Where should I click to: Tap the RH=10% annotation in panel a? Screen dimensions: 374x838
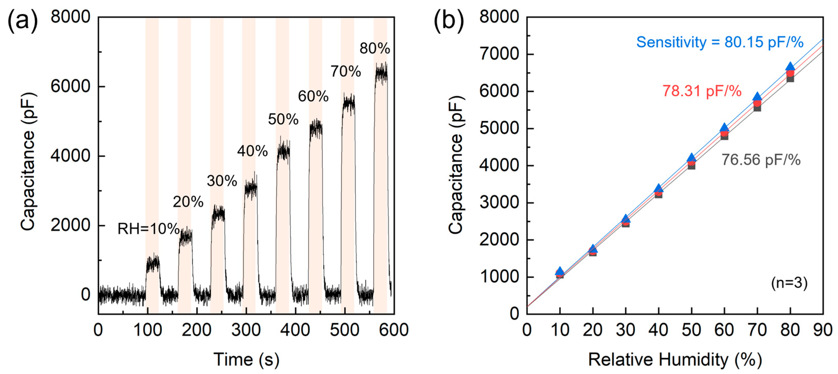tap(148, 229)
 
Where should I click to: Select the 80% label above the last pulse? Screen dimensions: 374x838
tap(374, 48)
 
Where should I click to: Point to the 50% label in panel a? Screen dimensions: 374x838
tap(283, 119)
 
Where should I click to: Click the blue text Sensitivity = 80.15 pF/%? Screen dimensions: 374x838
tap(719, 42)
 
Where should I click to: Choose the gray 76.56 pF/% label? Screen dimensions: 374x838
tap(761, 160)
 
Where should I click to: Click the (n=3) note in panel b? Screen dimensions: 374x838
tap(789, 283)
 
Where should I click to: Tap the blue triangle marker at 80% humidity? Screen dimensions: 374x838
tap(790, 67)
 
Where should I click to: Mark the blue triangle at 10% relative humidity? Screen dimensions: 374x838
tap(560, 271)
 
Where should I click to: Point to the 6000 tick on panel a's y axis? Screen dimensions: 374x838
tap(70, 86)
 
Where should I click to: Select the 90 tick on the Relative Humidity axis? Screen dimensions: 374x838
tap(823, 330)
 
